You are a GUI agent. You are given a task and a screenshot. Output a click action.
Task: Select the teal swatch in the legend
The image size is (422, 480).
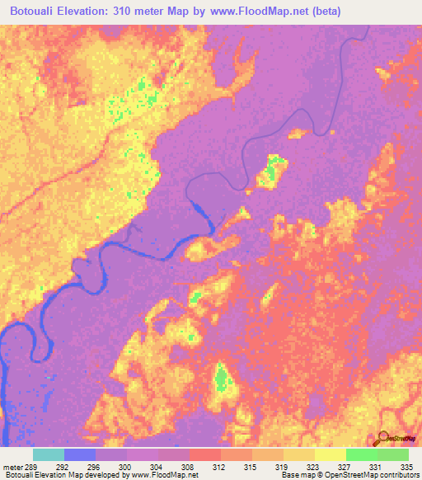pos(49,454)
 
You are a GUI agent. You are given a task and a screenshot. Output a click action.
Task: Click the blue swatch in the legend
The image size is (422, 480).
pos(80,454)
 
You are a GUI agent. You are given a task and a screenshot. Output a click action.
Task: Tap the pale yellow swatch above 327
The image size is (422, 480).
pos(330,454)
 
